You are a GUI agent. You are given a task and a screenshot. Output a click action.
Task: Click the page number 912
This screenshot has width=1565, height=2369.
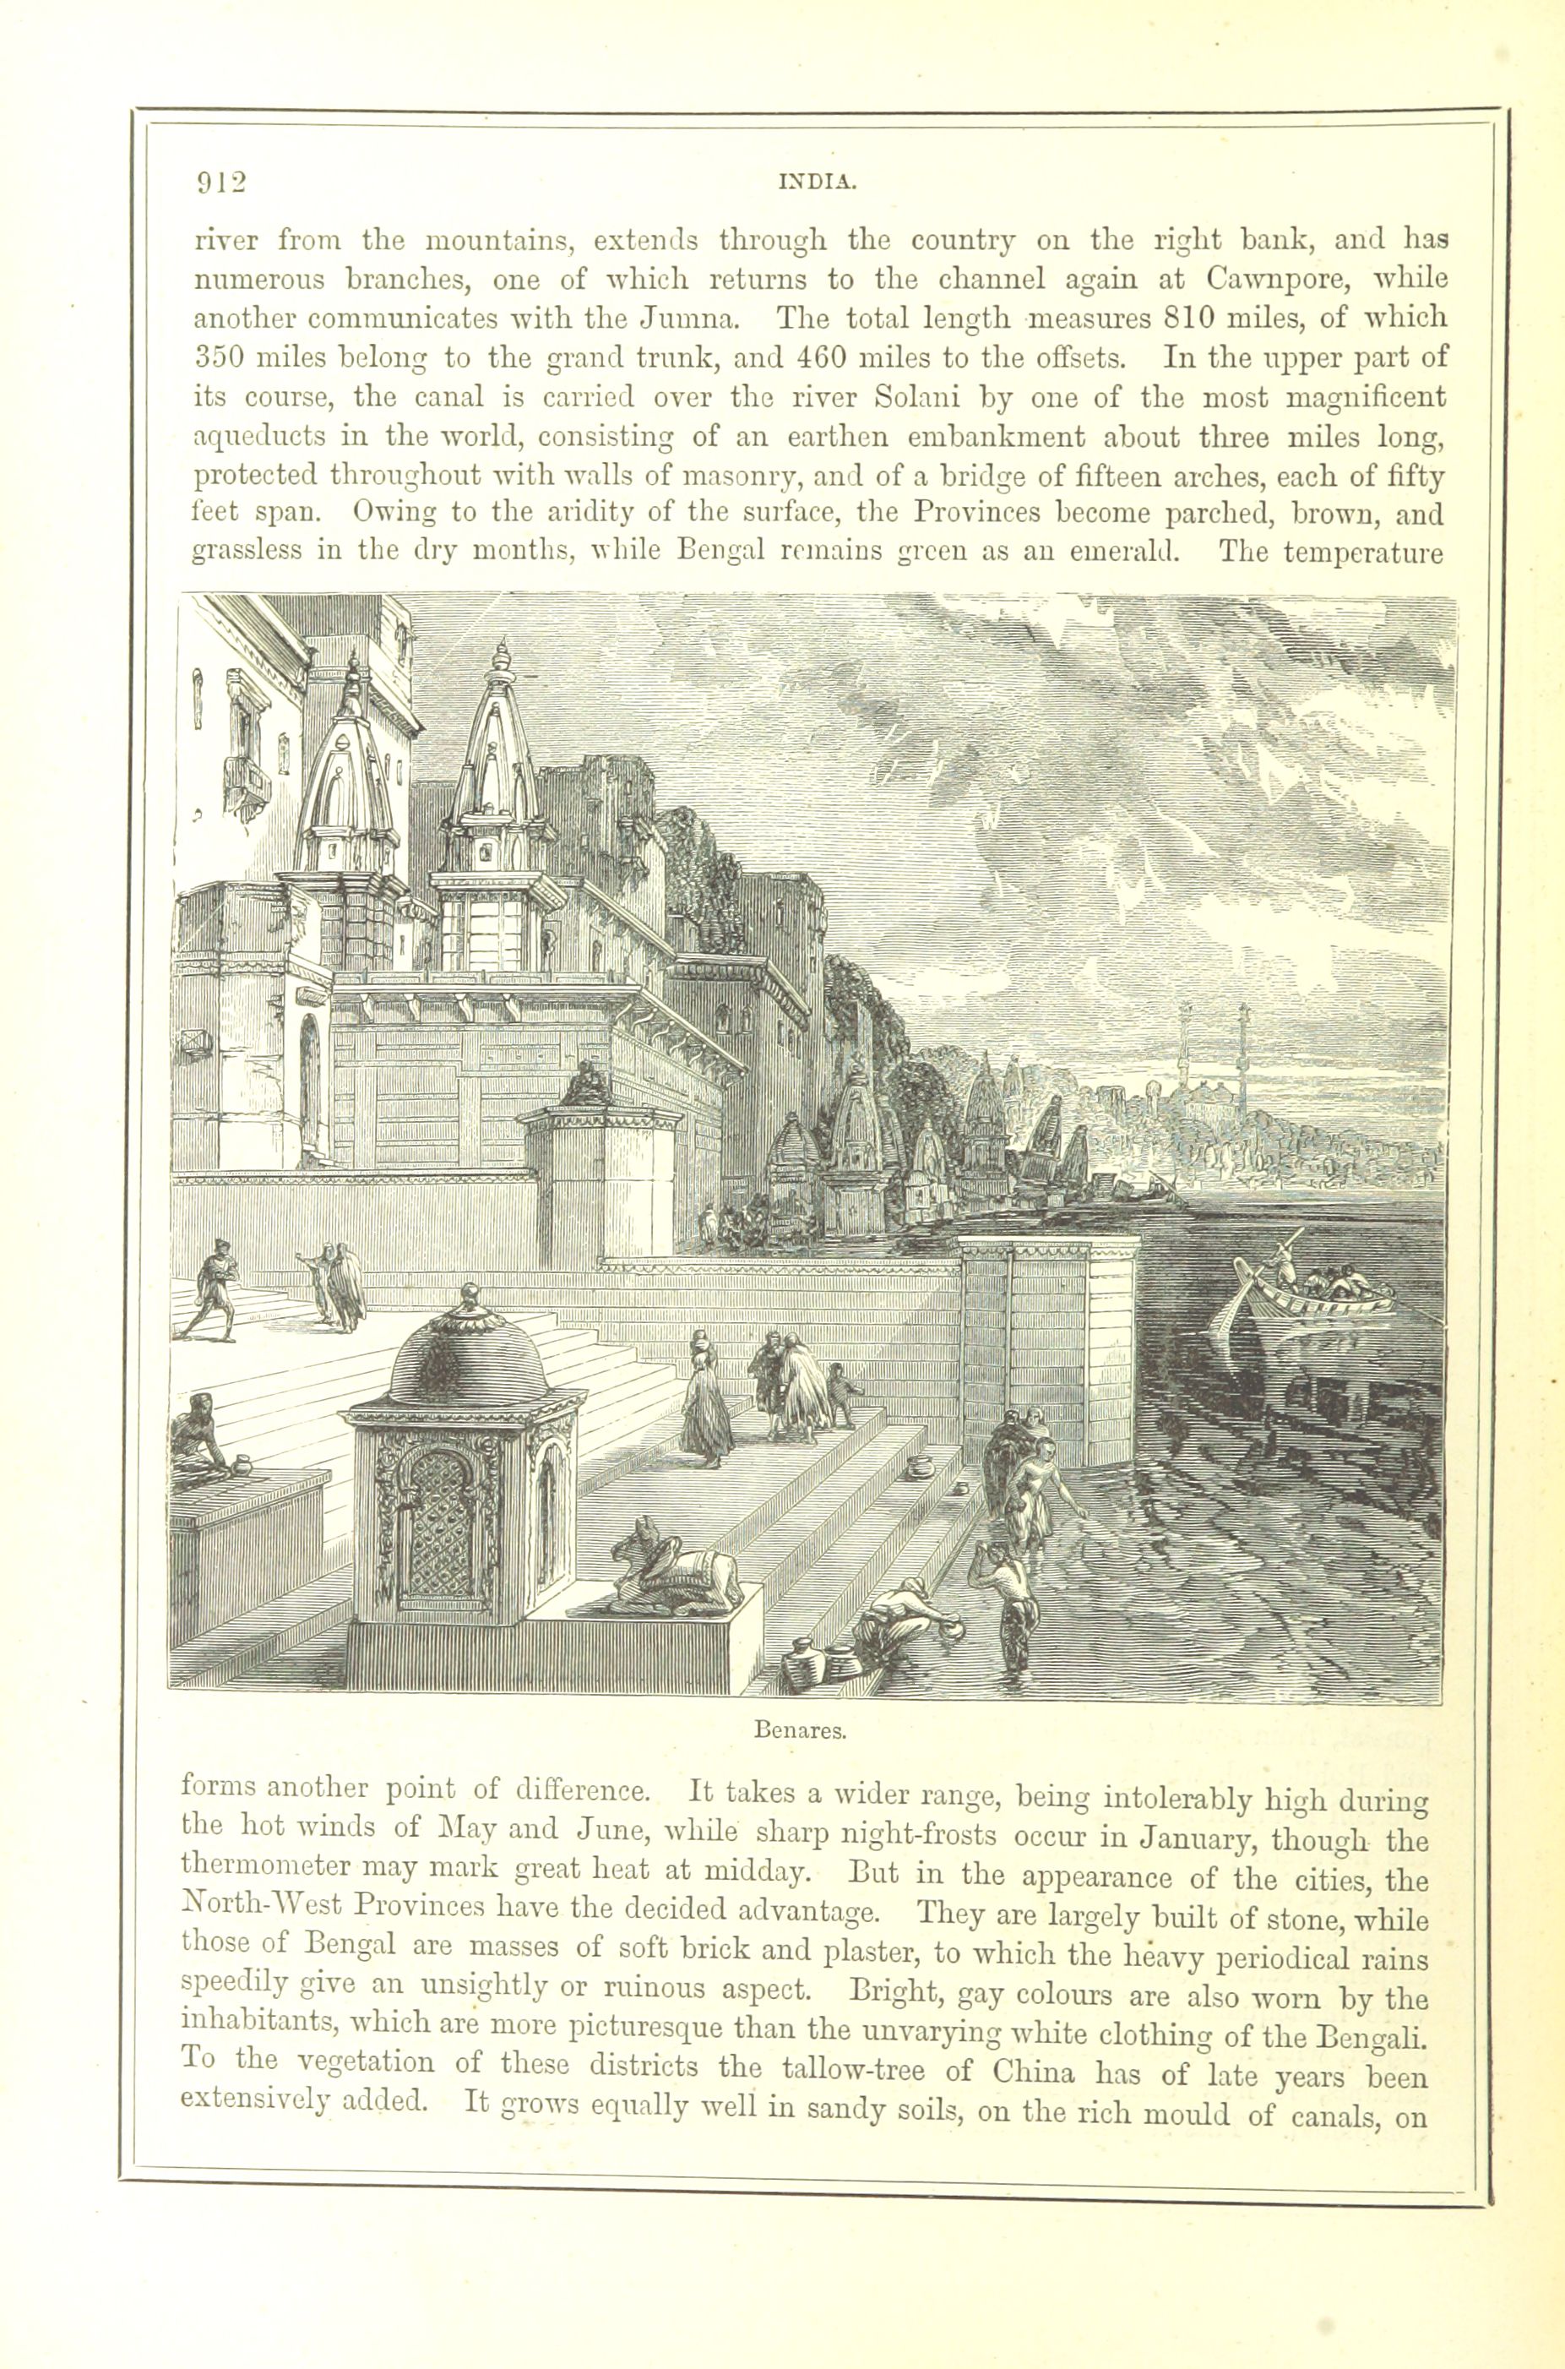(220, 182)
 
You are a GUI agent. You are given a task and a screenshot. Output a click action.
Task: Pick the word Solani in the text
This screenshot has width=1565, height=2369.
(916, 397)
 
